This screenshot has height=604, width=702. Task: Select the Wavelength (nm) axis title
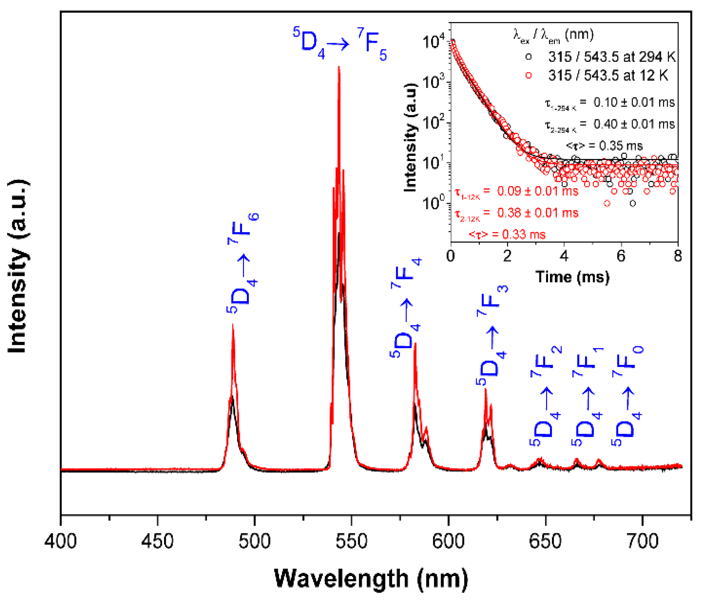371,579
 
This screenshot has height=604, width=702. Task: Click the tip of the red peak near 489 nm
233,325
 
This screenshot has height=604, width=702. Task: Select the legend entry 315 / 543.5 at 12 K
608,75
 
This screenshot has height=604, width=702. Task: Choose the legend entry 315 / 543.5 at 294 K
612,57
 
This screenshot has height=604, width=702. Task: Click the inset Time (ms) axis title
572,277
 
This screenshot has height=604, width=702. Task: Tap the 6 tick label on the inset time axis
621,256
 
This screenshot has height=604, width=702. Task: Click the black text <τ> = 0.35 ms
605,146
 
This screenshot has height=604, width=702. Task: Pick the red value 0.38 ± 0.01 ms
538,213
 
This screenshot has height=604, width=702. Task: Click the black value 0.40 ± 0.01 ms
634,124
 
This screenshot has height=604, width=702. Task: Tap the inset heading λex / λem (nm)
553,35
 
